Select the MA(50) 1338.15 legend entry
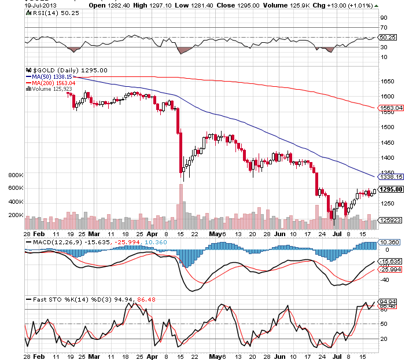point(49,76)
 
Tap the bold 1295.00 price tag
point(391,189)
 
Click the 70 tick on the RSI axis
point(383,27)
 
